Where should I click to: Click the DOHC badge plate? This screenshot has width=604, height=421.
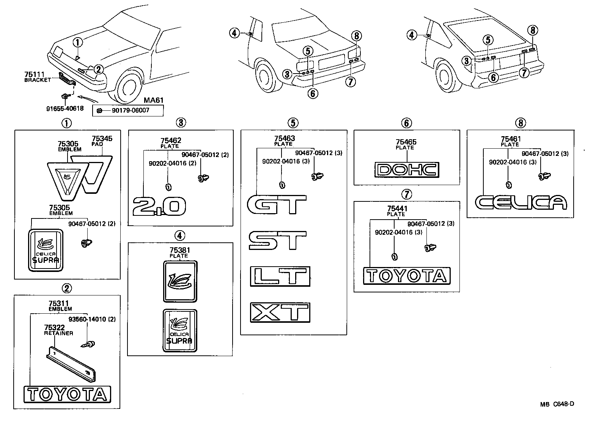407,170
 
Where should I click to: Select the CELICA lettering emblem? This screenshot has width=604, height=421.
521,202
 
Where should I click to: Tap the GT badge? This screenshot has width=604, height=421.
277,204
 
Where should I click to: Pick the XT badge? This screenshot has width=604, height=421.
280,313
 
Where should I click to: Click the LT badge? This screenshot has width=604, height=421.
280,276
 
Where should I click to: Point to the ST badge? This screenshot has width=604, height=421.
277,240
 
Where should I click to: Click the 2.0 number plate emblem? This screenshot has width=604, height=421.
159,207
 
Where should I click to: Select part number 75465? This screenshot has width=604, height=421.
406,142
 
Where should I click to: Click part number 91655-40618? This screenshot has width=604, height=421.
64,108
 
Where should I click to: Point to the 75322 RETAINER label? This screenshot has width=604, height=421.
58,330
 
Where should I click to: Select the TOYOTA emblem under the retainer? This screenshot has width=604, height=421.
67,394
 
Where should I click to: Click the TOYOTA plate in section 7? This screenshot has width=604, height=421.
407,276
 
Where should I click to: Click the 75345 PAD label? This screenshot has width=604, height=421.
102,141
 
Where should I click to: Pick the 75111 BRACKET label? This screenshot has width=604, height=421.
37,77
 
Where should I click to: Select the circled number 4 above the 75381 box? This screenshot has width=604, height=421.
180,235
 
